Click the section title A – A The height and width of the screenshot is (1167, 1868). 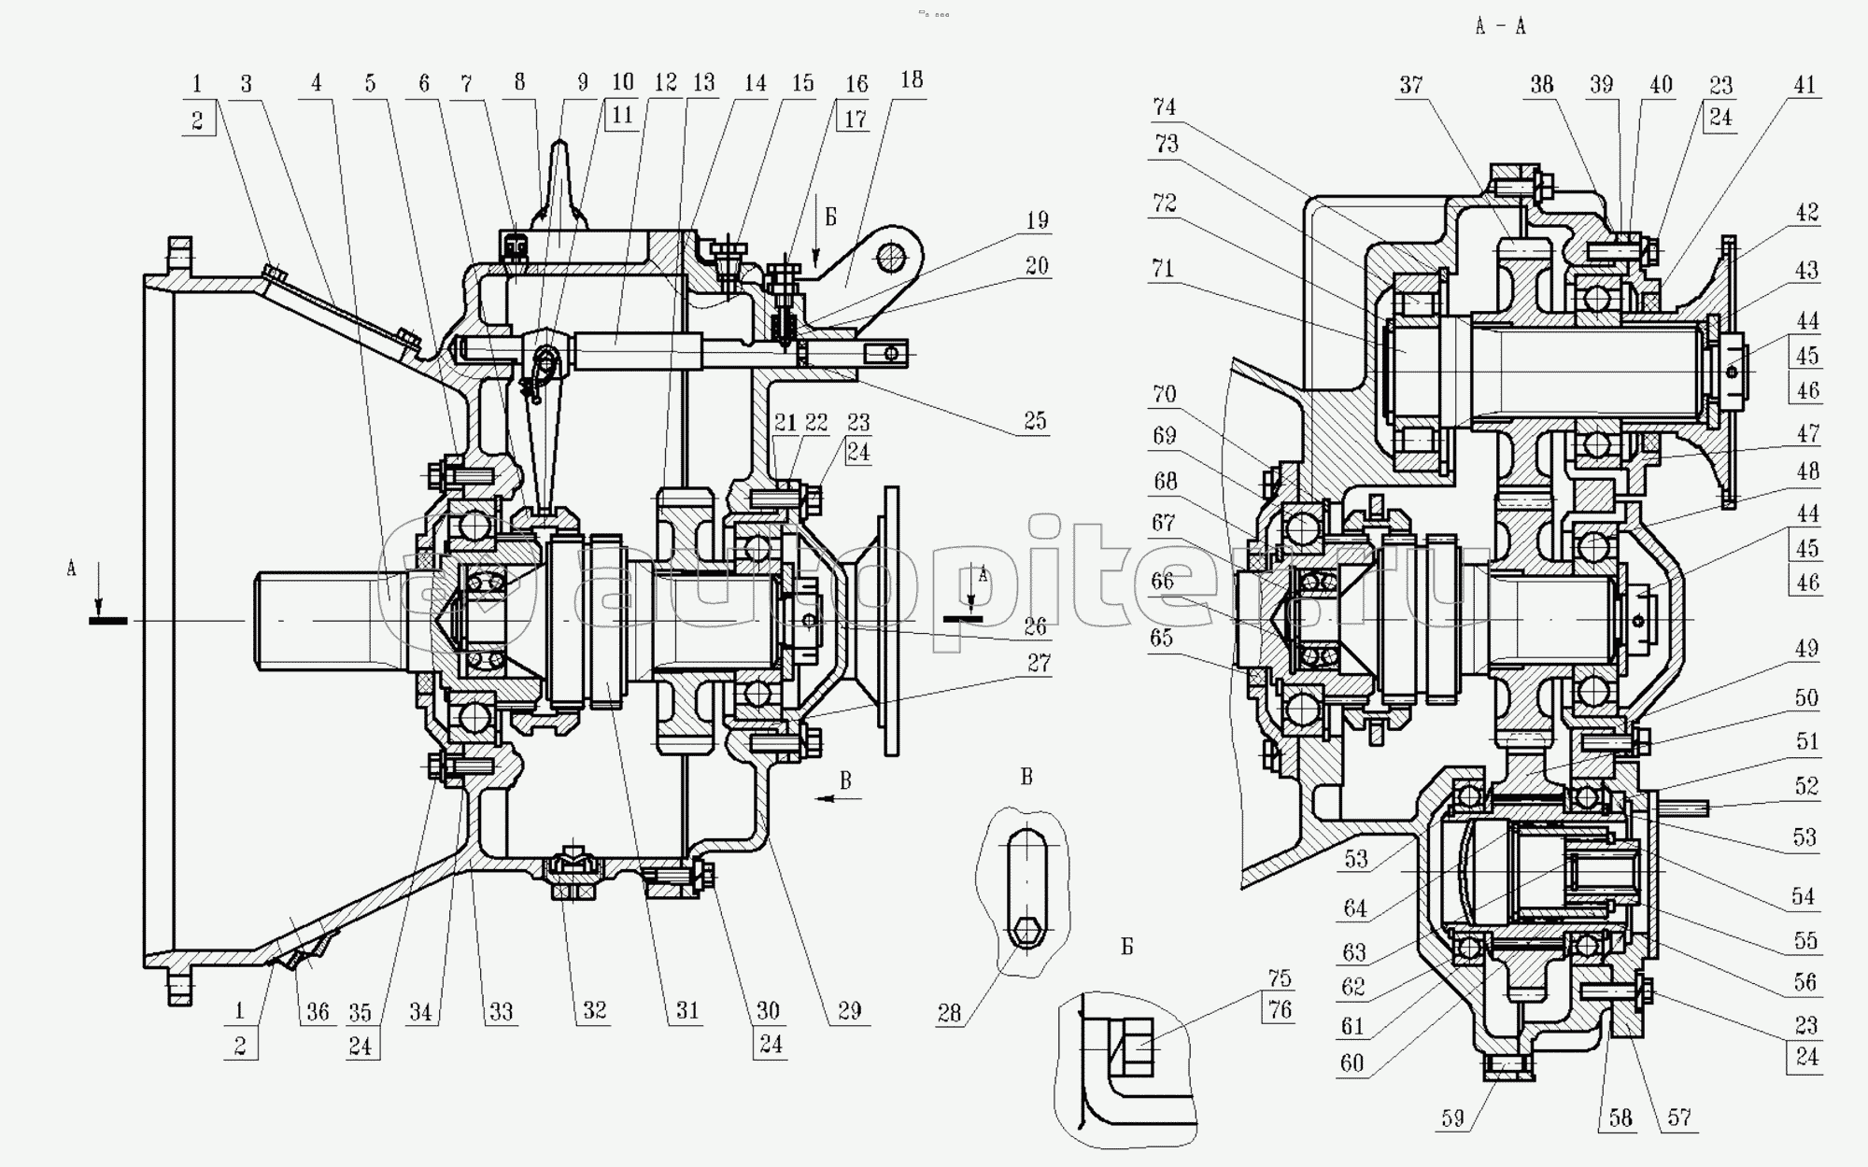click(x=1500, y=27)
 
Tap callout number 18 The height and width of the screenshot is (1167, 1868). click(x=911, y=80)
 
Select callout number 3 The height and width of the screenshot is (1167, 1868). click(x=246, y=84)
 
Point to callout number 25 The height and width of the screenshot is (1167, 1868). click(x=1034, y=421)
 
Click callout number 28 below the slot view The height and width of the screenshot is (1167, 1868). click(x=949, y=1013)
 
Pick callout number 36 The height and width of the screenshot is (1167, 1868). click(x=318, y=1012)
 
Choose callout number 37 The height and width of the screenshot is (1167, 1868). click(x=1410, y=86)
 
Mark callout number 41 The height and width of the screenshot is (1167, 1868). click(x=1804, y=85)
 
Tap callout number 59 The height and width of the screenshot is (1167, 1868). click(x=1452, y=1118)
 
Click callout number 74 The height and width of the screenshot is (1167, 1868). click(x=1164, y=107)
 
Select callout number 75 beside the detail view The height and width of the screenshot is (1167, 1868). click(x=1279, y=977)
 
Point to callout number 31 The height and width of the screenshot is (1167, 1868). click(x=687, y=1011)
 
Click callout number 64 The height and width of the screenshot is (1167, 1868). click(x=1355, y=907)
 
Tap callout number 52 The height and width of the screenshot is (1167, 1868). click(x=1806, y=786)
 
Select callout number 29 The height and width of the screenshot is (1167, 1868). click(x=849, y=1011)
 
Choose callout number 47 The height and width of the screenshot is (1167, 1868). click(x=1808, y=432)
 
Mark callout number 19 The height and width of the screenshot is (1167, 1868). click(x=1037, y=220)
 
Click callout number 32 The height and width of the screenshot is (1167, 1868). click(x=594, y=1011)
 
